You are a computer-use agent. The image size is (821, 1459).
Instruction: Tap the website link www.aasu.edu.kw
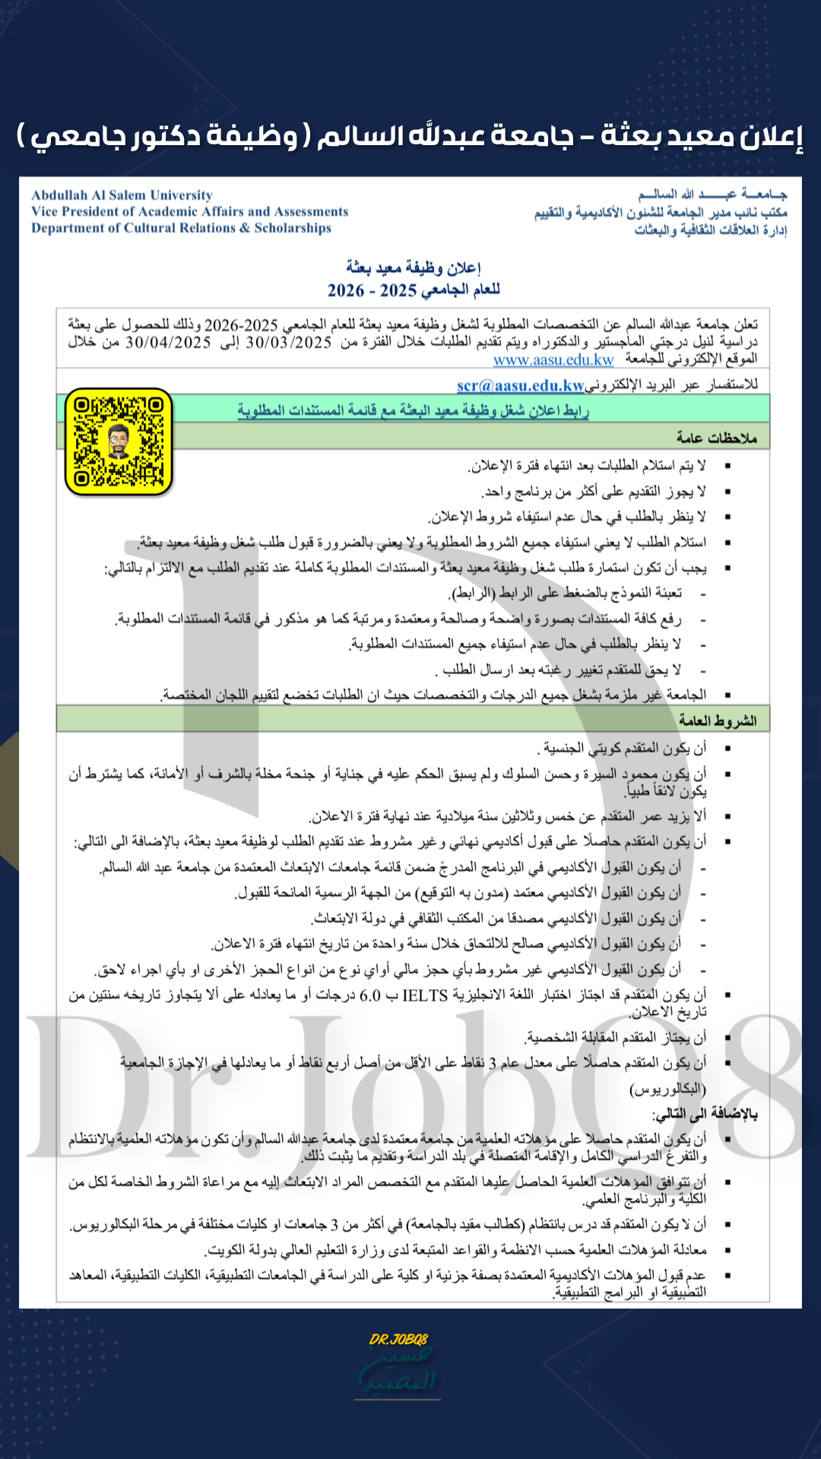553,359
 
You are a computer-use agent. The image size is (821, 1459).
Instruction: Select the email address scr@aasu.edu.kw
521,385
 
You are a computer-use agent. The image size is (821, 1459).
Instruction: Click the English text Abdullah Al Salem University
122,195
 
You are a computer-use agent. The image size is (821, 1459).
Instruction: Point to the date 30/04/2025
168,343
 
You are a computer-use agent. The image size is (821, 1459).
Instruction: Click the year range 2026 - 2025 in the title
372,290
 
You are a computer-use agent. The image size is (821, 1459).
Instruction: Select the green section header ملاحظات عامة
716,438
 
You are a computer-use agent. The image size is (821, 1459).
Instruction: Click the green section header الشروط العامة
718,720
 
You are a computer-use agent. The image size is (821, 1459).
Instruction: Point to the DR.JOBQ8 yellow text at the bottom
399,1339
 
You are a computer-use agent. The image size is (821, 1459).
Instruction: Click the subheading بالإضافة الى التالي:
705,1114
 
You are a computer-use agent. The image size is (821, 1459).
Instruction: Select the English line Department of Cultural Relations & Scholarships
181,228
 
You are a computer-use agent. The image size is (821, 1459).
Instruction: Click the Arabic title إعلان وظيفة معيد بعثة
414,267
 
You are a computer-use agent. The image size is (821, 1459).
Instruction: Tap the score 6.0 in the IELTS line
370,995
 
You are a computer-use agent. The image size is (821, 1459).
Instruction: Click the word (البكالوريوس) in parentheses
667,1089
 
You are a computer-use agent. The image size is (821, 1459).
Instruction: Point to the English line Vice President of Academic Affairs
189,211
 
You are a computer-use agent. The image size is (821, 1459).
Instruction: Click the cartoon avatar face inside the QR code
119,441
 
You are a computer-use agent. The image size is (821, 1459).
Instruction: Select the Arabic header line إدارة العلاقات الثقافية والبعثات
711,229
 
